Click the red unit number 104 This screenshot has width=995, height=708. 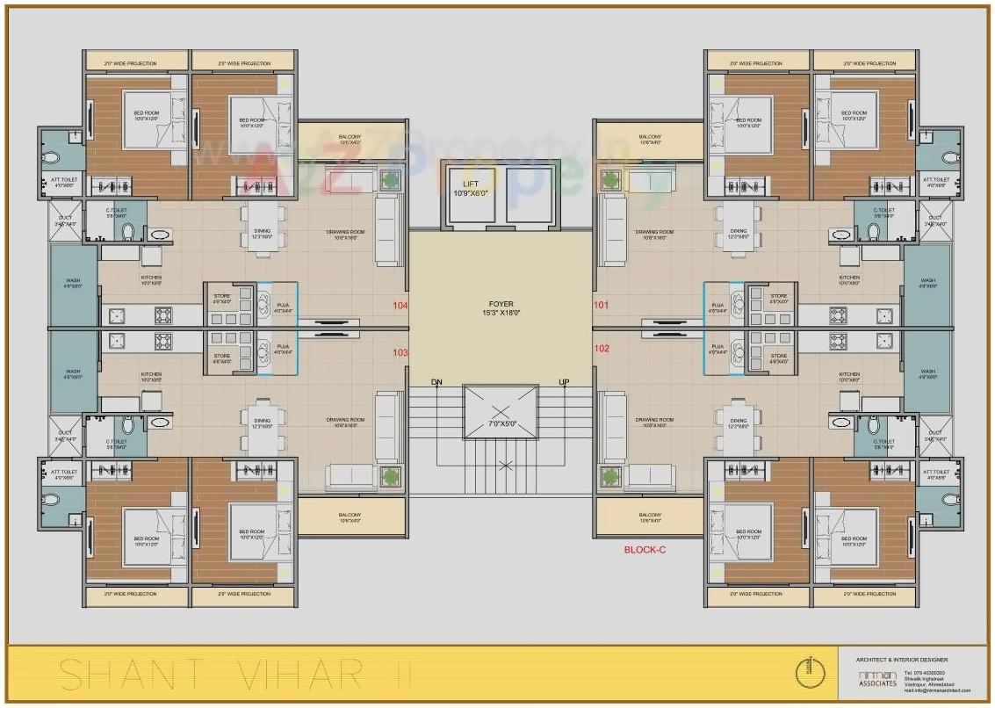(400, 307)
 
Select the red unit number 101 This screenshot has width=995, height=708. (601, 307)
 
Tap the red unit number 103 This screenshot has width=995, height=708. (400, 352)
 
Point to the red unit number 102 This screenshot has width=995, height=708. (601, 348)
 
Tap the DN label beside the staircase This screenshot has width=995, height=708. (436, 382)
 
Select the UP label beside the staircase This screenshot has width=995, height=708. (564, 382)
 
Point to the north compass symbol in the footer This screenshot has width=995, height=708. (810, 674)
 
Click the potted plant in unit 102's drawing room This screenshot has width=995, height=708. (609, 477)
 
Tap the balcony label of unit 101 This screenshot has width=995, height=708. (650, 140)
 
